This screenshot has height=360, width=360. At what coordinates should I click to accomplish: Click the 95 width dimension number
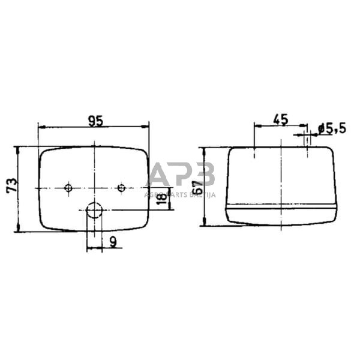coord(95,121)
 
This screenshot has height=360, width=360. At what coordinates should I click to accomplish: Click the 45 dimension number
coord(280,119)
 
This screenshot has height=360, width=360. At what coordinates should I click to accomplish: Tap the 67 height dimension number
coord(197,187)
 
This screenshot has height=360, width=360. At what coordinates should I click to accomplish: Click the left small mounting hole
coord(68,188)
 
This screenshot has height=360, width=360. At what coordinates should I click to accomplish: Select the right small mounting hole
coord(121,188)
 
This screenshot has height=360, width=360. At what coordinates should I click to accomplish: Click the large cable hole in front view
coord(94,210)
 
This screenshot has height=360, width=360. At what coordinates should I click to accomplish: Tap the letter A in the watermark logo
coord(160,175)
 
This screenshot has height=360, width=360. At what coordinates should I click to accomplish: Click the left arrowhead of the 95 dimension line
coord(40,126)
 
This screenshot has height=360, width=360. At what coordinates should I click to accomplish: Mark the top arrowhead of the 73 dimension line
coord(19,148)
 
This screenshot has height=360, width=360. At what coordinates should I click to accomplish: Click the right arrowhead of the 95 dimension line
coord(147,126)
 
